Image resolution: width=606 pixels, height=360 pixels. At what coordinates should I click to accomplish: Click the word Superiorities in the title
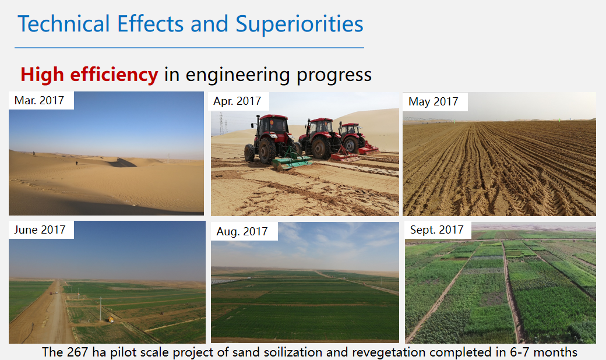[x=299, y=24]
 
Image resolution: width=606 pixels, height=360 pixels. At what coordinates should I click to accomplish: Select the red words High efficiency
[x=89, y=74]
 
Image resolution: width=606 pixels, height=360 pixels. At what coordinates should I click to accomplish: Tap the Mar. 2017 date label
[x=39, y=100]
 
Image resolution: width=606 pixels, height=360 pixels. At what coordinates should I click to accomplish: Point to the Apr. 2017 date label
[x=237, y=101]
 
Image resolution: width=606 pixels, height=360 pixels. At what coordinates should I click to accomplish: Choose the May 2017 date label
[x=434, y=101]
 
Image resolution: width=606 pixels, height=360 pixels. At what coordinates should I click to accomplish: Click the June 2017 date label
[x=40, y=230]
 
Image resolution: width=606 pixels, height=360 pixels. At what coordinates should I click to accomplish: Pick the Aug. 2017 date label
[x=242, y=231]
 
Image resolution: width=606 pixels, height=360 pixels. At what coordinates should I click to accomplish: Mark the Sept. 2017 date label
[x=436, y=230]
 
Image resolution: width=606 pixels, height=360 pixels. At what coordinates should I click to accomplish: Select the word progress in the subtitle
[x=334, y=75]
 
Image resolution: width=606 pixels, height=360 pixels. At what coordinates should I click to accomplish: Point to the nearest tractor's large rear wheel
[x=267, y=151]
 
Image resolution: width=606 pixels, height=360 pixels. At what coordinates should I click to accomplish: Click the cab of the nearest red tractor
[x=273, y=126]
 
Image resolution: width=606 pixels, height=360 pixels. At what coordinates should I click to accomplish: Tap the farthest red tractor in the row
[x=353, y=138]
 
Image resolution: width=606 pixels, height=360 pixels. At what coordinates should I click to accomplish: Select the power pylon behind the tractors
[x=221, y=123]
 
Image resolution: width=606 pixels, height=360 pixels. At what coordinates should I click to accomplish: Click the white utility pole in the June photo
[x=100, y=309]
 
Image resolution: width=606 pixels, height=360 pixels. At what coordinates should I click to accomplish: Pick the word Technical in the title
[x=64, y=24]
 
